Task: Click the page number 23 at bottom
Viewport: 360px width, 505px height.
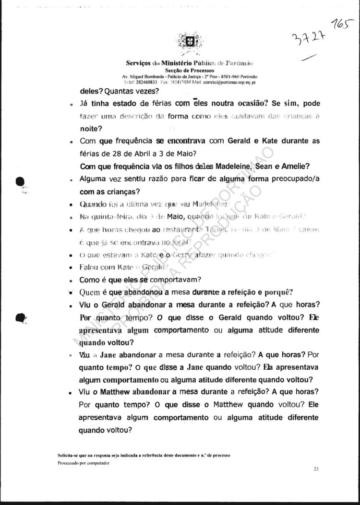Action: [316, 469]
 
